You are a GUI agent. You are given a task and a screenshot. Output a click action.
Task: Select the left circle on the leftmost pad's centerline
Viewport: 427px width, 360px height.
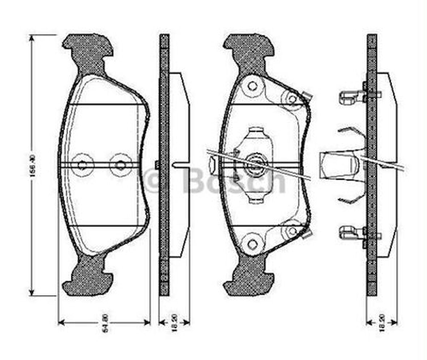click(83, 165)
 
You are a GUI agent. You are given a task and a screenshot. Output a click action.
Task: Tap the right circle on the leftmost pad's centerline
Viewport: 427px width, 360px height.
click(121, 165)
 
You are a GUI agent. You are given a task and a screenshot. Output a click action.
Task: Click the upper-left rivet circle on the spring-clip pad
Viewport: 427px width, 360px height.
click(252, 86)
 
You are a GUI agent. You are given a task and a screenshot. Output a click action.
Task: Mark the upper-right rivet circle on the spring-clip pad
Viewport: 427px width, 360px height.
click(292, 98)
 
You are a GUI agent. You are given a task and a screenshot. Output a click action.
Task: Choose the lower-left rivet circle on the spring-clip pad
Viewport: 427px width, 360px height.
click(252, 243)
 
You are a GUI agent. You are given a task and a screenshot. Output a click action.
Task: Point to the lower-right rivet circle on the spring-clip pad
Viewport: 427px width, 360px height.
click(292, 230)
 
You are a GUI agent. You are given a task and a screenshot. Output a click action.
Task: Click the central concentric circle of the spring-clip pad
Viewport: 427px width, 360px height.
click(256, 165)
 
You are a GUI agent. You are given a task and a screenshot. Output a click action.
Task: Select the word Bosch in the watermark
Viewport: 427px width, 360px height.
click(233, 181)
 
